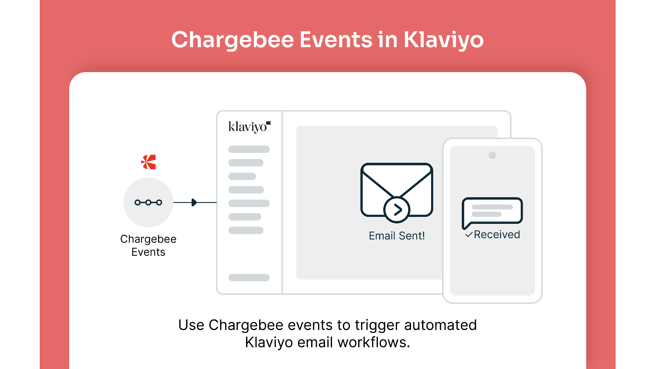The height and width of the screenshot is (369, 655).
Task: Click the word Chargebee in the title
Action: (233, 40)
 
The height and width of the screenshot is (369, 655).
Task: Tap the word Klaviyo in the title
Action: (444, 40)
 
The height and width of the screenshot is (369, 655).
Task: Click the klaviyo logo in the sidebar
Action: (250, 127)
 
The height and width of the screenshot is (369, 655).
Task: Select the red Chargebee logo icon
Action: (149, 162)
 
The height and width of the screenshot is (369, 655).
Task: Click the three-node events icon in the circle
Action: (148, 203)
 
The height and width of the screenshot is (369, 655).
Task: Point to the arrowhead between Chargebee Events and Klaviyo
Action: (194, 203)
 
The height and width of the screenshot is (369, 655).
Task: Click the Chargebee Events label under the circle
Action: (148, 246)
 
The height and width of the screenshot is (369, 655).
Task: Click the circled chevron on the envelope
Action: (397, 210)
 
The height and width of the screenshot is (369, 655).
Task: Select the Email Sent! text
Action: (397, 236)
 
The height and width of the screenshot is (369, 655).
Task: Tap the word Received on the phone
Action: (497, 235)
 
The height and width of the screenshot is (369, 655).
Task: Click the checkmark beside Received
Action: (469, 235)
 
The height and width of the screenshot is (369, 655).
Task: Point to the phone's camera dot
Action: (492, 155)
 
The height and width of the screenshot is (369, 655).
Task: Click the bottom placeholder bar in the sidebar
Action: (249, 278)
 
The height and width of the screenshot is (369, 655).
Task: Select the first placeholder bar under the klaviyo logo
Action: (249, 149)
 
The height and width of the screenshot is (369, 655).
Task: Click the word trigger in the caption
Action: (377, 326)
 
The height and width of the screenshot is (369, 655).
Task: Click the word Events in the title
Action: (336, 40)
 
